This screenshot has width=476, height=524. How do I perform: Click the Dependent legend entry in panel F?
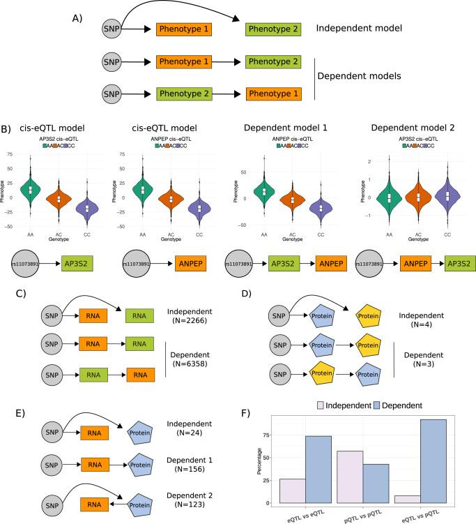click(397, 405)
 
